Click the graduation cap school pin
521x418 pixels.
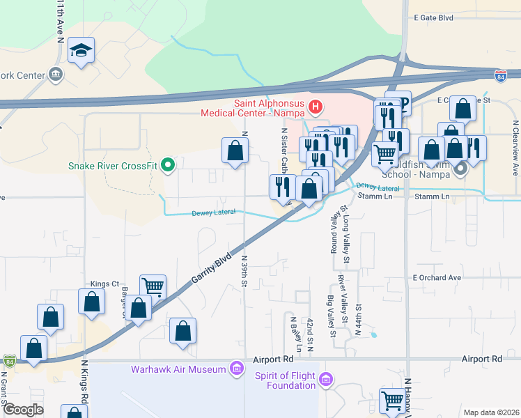point(81,50)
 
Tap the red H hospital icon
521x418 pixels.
point(316,107)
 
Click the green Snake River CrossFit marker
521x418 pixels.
point(167,166)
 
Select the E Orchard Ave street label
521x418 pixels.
point(437,277)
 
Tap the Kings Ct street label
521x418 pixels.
point(104,284)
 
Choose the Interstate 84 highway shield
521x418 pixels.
point(500,75)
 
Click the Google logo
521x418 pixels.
point(23,409)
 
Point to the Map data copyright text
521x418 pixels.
point(490,412)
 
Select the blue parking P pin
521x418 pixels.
point(398,103)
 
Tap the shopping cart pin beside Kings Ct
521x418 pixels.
point(153,286)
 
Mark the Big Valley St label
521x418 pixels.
point(331,316)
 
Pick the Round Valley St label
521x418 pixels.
point(333,235)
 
